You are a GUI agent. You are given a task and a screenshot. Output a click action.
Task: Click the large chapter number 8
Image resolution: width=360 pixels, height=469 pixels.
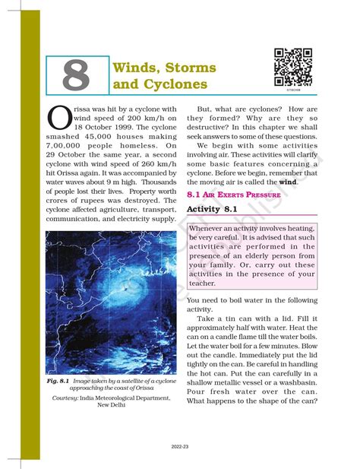[75, 74]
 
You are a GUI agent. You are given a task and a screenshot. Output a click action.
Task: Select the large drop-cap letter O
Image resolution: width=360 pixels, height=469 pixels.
[59, 117]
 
